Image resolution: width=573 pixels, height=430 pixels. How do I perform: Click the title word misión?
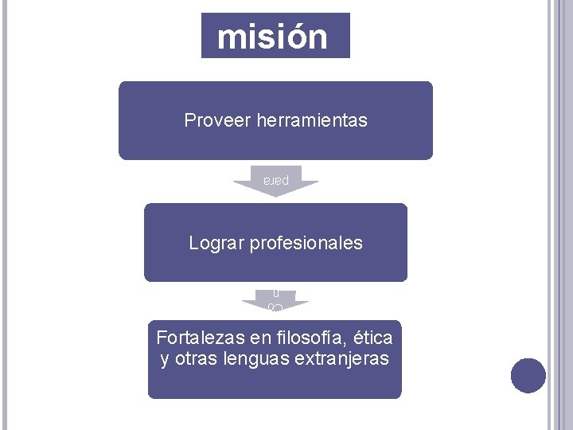click(272, 37)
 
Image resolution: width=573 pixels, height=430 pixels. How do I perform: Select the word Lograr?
click(217, 243)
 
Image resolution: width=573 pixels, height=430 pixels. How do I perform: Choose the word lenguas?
click(263, 359)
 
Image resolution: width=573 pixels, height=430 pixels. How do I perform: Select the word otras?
click(200, 359)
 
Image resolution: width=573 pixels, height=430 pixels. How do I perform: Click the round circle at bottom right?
click(528, 376)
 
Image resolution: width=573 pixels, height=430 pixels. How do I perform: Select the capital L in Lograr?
click(194, 243)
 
